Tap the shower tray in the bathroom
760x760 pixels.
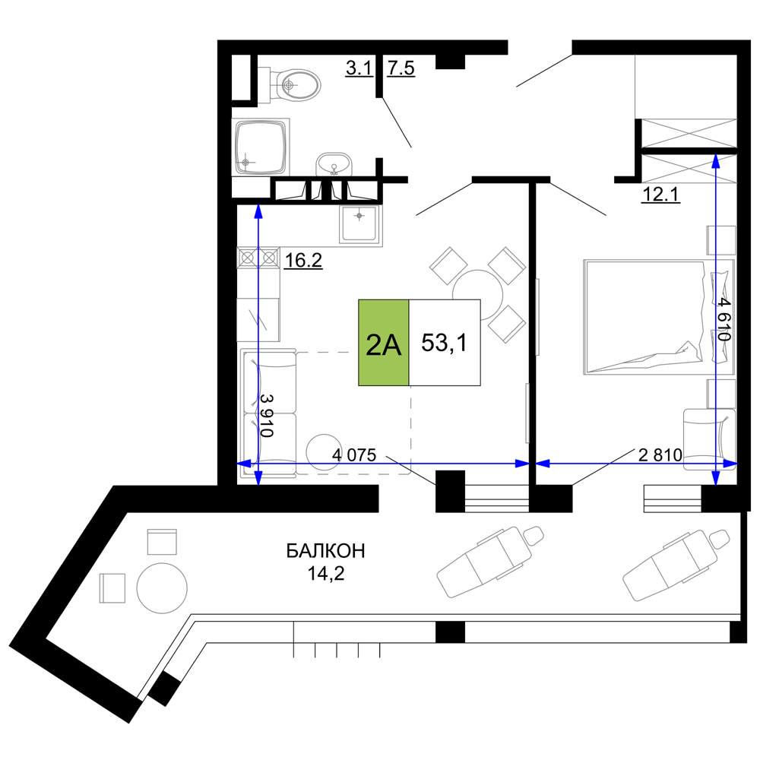pos(261,147)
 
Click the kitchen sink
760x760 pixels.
pos(359,224)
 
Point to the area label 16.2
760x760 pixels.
pos(303,261)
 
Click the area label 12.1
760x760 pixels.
pos(660,195)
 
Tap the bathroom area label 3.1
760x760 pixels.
pos(359,68)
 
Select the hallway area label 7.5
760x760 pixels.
pos(401,68)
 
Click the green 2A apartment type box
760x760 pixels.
pos(383,343)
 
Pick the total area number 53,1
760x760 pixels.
pos(444,343)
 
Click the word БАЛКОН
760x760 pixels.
pos(325,551)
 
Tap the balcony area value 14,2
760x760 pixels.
pos(326,573)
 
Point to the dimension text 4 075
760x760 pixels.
pos(354,454)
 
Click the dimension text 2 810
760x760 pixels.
pos(660,454)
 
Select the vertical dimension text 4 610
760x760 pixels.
pos(724,319)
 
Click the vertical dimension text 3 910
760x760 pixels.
pos(267,415)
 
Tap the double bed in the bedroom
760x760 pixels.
pos(659,317)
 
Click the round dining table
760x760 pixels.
pos(477,294)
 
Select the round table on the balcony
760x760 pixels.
pos(162,588)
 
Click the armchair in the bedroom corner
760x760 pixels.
pos(710,439)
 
